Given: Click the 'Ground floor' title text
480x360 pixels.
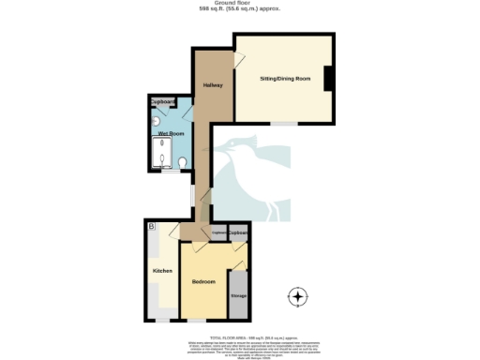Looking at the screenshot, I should pyautogui.click(x=240, y=4).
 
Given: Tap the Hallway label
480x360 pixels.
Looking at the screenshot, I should pyautogui.click(x=212, y=86).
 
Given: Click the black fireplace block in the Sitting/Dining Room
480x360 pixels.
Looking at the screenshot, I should pyautogui.click(x=328, y=80).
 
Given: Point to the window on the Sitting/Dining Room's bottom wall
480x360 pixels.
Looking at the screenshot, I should pyautogui.click(x=285, y=124).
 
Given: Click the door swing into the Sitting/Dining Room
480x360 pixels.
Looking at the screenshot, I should pyautogui.click(x=242, y=60).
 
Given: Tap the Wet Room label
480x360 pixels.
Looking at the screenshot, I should pyautogui.click(x=170, y=134).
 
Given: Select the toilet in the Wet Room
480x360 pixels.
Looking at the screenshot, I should pyautogui.click(x=183, y=164).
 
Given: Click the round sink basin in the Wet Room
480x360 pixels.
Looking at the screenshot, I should pyautogui.click(x=156, y=121).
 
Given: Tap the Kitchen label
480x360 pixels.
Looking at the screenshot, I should pyautogui.click(x=162, y=271).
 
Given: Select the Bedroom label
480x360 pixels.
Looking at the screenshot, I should pyautogui.click(x=204, y=282).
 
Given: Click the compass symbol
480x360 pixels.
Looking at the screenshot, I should pyautogui.click(x=298, y=298).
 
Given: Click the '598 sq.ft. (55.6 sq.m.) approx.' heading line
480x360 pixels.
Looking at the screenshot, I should pyautogui.click(x=240, y=9).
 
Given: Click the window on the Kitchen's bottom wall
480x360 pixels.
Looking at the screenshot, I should pyautogui.click(x=162, y=320).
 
